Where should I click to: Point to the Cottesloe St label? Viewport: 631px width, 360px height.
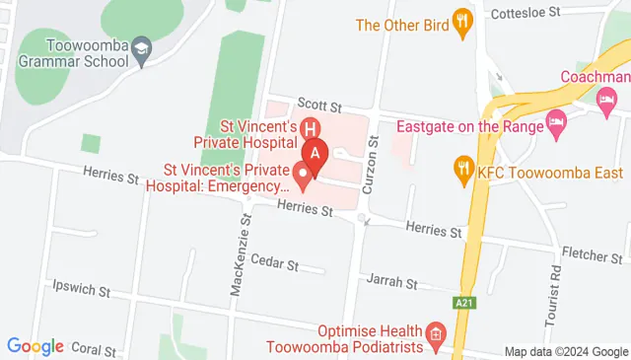click(526, 13)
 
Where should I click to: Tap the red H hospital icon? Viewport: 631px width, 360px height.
click(310, 128)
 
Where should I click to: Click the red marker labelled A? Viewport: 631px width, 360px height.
click(315, 154)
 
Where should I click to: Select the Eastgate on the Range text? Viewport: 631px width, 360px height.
click(469, 126)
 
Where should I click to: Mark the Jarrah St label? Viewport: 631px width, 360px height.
click(391, 281)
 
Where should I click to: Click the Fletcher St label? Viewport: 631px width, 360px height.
click(591, 255)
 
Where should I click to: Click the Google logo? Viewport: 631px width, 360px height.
click(35, 346)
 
